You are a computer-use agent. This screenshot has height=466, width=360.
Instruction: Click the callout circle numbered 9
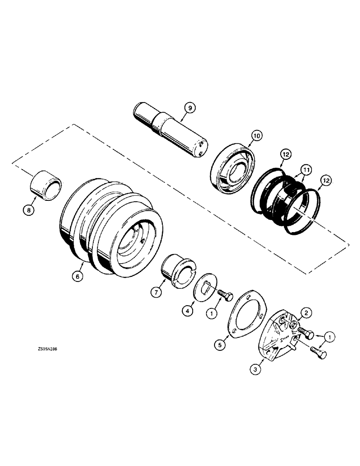pyautogui.click(x=190, y=108)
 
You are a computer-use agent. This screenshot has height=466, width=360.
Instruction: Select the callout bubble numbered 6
pyautogui.click(x=78, y=276)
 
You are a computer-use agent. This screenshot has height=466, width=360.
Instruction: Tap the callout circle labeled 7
pyautogui.click(x=155, y=292)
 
